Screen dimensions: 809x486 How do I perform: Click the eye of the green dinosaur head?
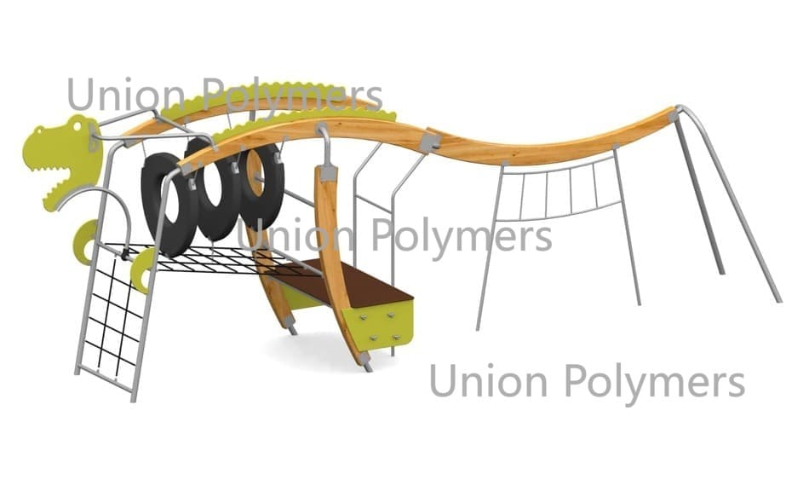click(x=77, y=125)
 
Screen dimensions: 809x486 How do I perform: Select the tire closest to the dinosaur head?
click(x=169, y=205)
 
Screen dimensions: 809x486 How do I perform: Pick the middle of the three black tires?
click(x=213, y=188)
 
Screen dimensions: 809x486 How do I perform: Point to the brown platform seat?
click(x=343, y=282)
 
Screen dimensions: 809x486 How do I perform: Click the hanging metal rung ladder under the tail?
click(x=559, y=189)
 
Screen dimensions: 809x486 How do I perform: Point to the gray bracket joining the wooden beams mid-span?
click(x=430, y=142)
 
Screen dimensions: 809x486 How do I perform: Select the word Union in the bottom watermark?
click(x=487, y=381)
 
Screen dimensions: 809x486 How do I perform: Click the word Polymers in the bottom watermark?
click(x=655, y=383)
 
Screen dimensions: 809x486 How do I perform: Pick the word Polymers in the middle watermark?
click(x=462, y=238)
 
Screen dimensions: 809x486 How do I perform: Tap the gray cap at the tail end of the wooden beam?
click(x=674, y=113)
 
